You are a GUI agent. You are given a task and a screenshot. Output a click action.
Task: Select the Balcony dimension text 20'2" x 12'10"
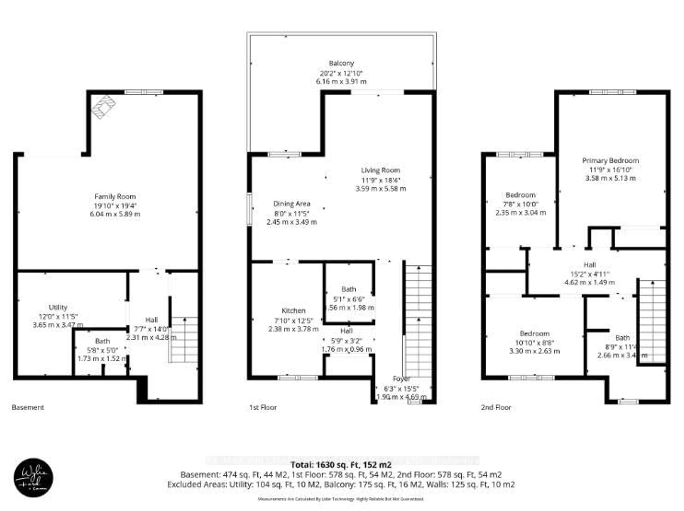pos(341,73)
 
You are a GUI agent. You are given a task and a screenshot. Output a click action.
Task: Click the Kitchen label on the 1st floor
pos(293,311)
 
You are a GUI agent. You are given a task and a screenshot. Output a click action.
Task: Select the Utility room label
pos(58,307)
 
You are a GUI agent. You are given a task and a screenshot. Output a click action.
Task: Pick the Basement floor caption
pos(28,407)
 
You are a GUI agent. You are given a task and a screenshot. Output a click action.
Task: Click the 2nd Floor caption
pos(496,407)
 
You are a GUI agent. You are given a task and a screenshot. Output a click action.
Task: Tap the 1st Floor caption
pos(263,407)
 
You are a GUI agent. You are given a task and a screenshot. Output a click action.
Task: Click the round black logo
pos(33,478)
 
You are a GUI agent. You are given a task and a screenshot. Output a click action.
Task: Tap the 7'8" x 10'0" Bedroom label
pos(520,204)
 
